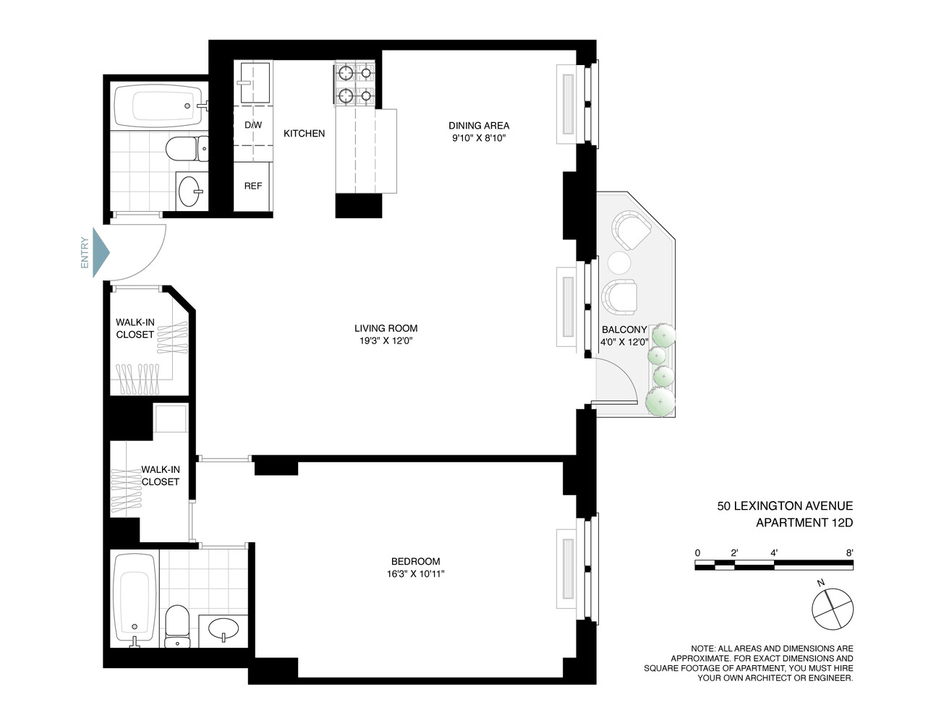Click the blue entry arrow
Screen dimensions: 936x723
coord(101,252)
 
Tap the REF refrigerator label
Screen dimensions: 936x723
coord(253,186)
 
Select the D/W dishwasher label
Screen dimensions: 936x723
coord(253,125)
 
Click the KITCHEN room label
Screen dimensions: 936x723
coord(304,134)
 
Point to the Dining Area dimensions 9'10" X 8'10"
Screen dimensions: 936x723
coord(479,138)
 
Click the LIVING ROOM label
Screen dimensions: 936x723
coord(386,328)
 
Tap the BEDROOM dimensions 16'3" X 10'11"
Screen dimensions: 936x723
coord(415,573)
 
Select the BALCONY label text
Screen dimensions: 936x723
coord(624,330)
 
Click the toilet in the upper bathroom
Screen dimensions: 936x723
coord(187,148)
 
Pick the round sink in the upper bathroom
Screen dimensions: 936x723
coord(190,191)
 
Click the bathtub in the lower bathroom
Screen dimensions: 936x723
coord(135,599)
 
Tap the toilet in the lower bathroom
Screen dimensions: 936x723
coord(177,625)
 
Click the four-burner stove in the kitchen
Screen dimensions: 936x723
coord(355,84)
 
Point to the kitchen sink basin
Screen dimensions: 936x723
coord(255,82)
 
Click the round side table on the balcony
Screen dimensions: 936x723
coord(619,262)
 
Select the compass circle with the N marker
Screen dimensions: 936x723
coord(832,609)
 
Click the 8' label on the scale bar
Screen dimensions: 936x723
coord(849,552)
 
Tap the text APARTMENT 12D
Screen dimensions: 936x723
coord(804,523)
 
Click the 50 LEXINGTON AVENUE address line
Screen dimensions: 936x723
coord(785,505)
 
